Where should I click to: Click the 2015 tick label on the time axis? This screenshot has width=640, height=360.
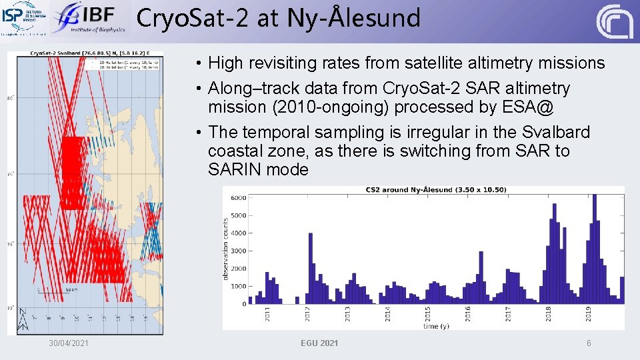[x=428, y=313]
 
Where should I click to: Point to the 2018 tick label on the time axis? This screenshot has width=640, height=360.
[x=549, y=313]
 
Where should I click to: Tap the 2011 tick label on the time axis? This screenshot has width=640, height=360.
[x=267, y=313]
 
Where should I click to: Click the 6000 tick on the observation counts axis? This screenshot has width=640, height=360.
[x=238, y=198]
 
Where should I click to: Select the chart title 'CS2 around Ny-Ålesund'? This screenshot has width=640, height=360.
[x=436, y=190]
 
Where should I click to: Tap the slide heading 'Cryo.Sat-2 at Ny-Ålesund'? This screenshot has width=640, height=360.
[x=279, y=18]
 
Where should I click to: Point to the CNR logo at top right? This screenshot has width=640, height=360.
[x=614, y=21]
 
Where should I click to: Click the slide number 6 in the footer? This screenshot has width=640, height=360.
[x=589, y=343]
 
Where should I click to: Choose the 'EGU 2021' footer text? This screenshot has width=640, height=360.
[x=319, y=343]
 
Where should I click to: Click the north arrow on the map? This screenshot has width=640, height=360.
[x=23, y=319]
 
